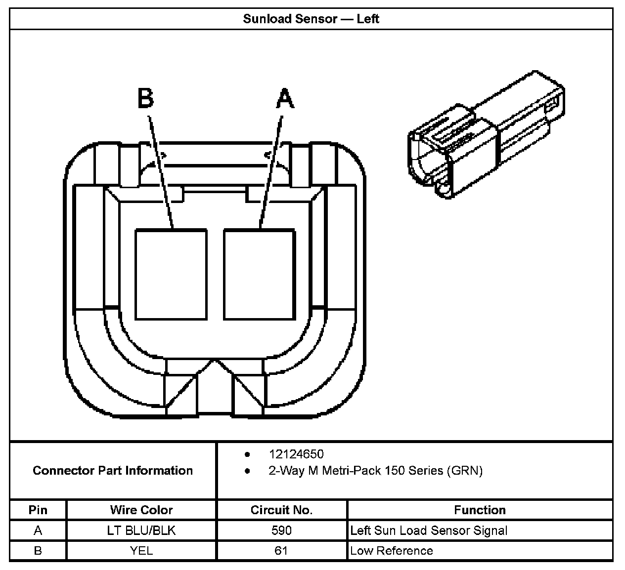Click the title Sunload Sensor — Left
[x=311, y=19]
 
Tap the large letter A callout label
[x=285, y=98]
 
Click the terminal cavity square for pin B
[x=171, y=274]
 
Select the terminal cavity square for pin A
[x=259, y=274]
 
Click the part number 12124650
[x=296, y=454]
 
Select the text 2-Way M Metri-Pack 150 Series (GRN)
[x=375, y=471]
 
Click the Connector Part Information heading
[x=113, y=470]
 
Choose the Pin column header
[x=38, y=510]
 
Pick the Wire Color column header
[x=141, y=510]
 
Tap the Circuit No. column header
[x=281, y=510]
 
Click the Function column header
[x=480, y=510]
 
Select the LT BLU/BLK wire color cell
[x=141, y=530]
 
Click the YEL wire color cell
[x=141, y=551]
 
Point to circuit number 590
[x=281, y=530]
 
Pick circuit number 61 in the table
[x=281, y=551]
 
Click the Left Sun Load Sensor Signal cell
[x=429, y=530]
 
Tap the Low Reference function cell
[x=392, y=551]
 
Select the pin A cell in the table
[x=38, y=530]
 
